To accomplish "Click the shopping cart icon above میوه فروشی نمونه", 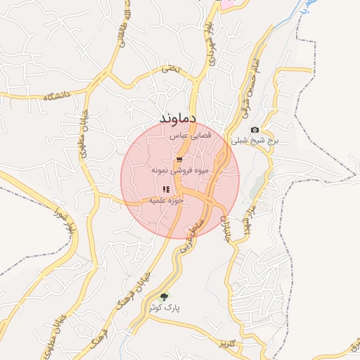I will point(179,160).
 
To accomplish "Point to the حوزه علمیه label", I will point(165,200).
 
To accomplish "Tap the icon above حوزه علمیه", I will point(166,189).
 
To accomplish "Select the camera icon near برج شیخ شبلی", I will point(255,129).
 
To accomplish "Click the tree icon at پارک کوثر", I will point(165,297).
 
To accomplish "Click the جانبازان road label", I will point(226,228).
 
